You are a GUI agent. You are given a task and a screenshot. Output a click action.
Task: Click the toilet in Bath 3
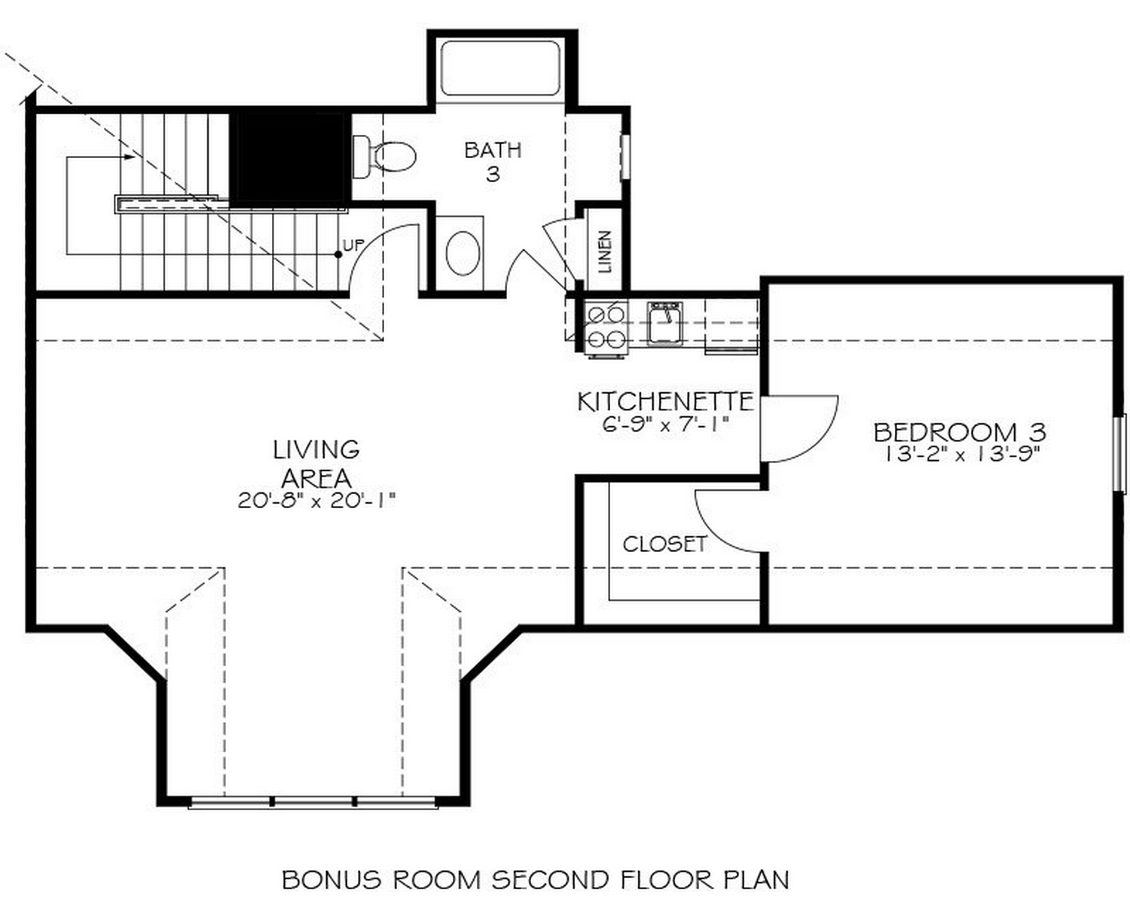pos(386,157)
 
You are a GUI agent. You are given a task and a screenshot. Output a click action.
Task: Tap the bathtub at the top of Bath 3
pos(500,69)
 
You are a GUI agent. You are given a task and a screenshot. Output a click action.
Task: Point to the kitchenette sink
pos(664,323)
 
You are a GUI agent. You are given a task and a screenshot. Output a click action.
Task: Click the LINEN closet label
pos(605,251)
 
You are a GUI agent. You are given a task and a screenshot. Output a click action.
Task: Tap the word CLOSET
pos(664,544)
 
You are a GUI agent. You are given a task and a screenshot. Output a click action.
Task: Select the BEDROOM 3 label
pos(959,431)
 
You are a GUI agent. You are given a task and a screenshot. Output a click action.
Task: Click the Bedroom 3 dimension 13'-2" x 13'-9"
pos(963,454)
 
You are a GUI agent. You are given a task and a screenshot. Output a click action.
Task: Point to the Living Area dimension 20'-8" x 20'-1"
pos(316,501)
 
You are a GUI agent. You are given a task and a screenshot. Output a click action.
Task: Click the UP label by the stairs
pos(353,245)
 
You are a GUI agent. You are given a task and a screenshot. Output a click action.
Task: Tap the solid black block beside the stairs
pos(288,157)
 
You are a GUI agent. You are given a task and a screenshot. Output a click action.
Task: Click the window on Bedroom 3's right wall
pos(1119,453)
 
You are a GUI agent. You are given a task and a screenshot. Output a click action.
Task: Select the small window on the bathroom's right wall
pos(624,157)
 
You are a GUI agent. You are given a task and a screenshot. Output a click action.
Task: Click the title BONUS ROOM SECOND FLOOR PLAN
pos(536,879)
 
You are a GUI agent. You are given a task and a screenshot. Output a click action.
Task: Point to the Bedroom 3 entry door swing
pos(799,427)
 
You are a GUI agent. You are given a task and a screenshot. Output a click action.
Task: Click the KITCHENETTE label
pos(664,401)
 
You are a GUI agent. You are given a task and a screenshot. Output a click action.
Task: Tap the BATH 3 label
pos(493,161)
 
